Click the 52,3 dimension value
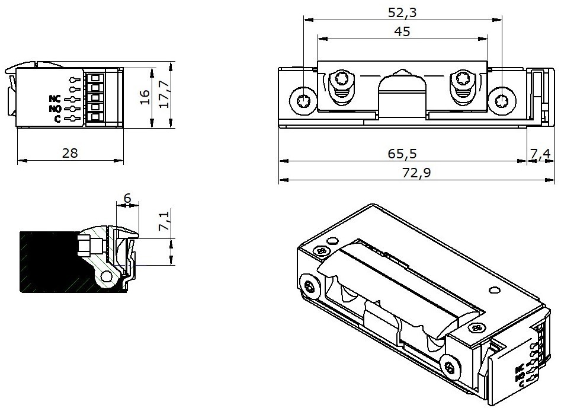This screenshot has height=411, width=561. pyautogui.click(x=402, y=11)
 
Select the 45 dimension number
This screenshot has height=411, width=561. pyautogui.click(x=402, y=32)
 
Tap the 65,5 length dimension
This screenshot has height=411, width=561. pyautogui.click(x=402, y=154)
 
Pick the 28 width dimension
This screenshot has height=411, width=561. pyautogui.click(x=70, y=153)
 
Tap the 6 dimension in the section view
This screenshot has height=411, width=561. pyautogui.click(x=127, y=199)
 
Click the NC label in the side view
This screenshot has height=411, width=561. pyautogui.click(x=56, y=99)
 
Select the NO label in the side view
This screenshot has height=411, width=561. pyautogui.click(x=56, y=109)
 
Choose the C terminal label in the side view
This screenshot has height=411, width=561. pyautogui.click(x=57, y=119)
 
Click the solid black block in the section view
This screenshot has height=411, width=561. pyautogui.click(x=47, y=261)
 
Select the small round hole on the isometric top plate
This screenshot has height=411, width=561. pyautogui.click(x=492, y=291)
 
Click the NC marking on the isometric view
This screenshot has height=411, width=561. pyautogui.click(x=519, y=368)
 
